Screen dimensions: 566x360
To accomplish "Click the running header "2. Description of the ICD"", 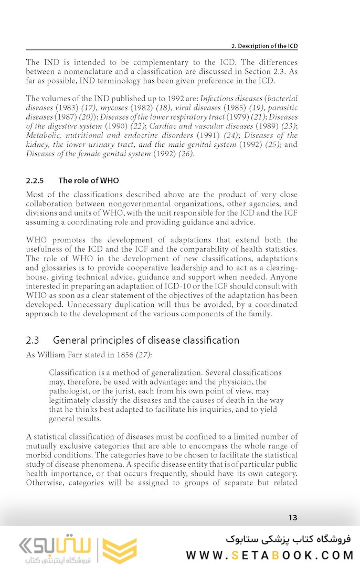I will coord(264,46).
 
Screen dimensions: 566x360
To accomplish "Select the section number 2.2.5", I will coord(36,180).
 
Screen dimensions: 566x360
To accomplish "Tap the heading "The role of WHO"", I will coord(88,180).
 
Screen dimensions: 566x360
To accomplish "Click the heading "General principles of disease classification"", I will coord(146,340).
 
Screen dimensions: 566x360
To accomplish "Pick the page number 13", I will coord(293,517).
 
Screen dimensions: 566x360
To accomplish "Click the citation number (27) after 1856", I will coord(143,355).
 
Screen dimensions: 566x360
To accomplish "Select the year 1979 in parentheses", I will coord(234,116).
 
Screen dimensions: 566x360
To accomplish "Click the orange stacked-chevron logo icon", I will coord(119,550).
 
